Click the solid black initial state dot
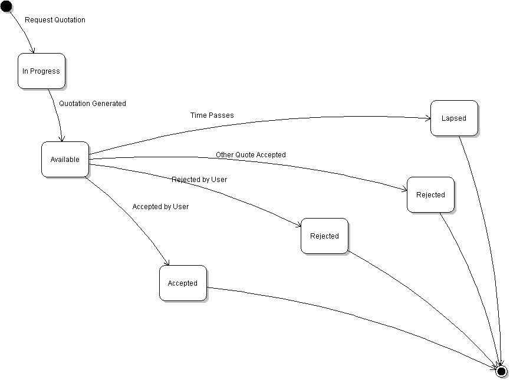click(x=6, y=6)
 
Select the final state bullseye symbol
click(x=502, y=371)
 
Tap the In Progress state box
click(x=41, y=71)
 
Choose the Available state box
click(x=65, y=160)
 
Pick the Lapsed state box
click(x=454, y=118)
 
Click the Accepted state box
click(x=183, y=283)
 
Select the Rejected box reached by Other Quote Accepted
click(x=430, y=195)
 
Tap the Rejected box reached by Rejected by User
click(x=324, y=236)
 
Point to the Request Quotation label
click(x=55, y=20)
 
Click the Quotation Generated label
click(x=93, y=104)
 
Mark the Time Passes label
click(x=212, y=115)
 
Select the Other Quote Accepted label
click(x=251, y=155)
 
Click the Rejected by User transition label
click(x=199, y=180)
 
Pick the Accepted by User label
click(x=160, y=207)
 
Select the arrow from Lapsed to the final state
click(x=487, y=236)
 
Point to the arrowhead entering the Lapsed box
click(x=428, y=118)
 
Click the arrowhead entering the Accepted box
click(x=169, y=263)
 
